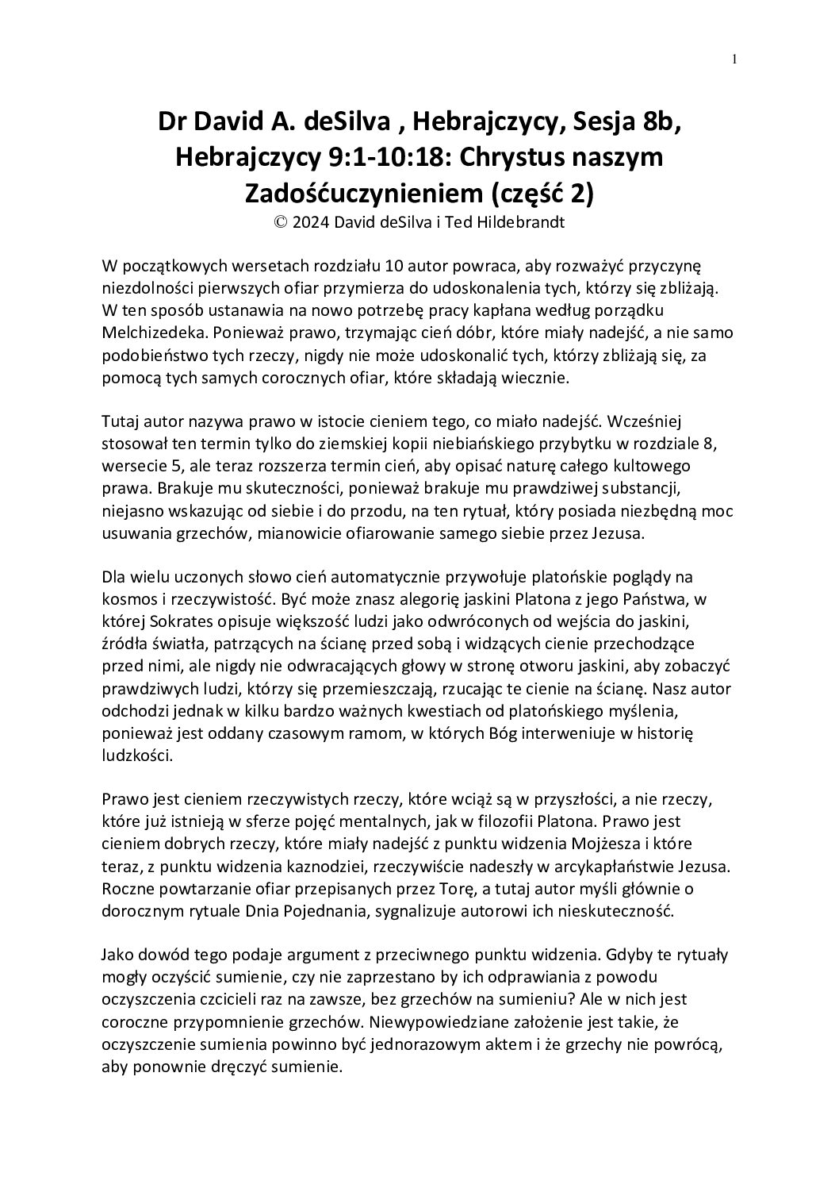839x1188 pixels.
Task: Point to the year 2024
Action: [309, 223]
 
